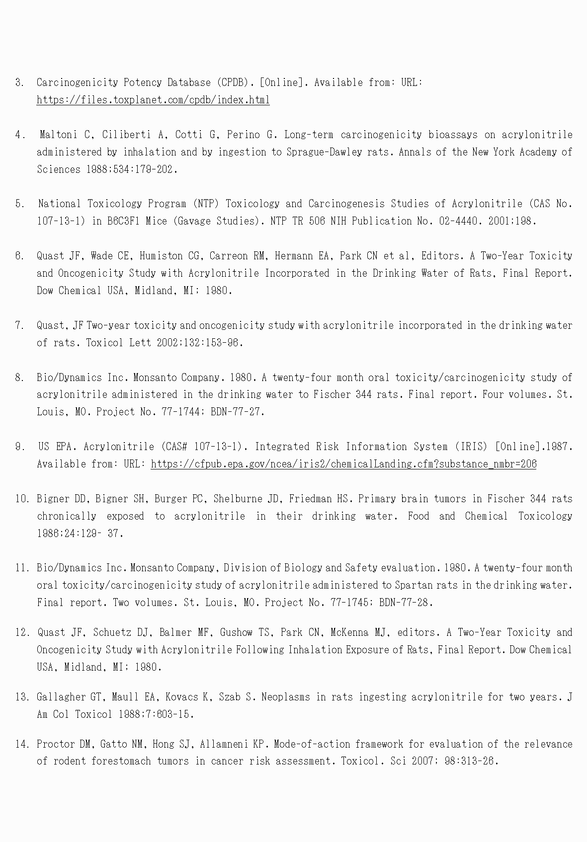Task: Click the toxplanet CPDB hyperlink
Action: tap(153, 100)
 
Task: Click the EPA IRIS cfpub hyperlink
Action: tap(343, 464)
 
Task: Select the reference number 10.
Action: tap(22, 499)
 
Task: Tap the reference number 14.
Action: tap(22, 744)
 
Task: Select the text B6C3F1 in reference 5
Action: tap(123, 221)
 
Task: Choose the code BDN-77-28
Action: tap(406, 603)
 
